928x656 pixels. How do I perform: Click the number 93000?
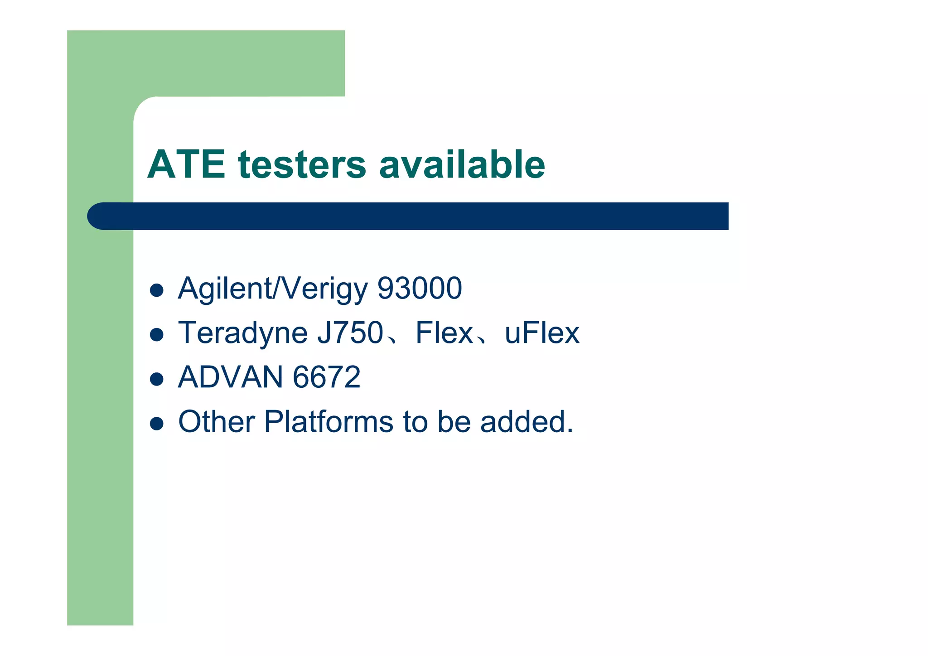click(x=420, y=288)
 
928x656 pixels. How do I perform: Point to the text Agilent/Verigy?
click(x=273, y=289)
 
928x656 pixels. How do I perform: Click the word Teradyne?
click(x=243, y=333)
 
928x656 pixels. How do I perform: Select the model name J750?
click(x=350, y=333)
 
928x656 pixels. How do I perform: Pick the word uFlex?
click(x=542, y=333)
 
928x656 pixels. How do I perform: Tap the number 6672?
click(x=327, y=377)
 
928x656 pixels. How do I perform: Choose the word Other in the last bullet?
click(x=216, y=421)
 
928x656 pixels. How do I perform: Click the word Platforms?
click(x=329, y=421)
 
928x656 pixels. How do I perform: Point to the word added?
click(x=527, y=421)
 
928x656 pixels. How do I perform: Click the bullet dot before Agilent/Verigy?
click(x=156, y=290)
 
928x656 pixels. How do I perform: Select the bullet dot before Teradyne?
click(x=156, y=335)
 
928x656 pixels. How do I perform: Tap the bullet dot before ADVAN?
click(x=156, y=379)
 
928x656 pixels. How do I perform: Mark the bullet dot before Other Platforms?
click(x=156, y=424)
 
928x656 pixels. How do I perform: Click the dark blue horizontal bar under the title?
click(x=408, y=216)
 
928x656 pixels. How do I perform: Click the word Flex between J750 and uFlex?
click(x=444, y=333)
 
